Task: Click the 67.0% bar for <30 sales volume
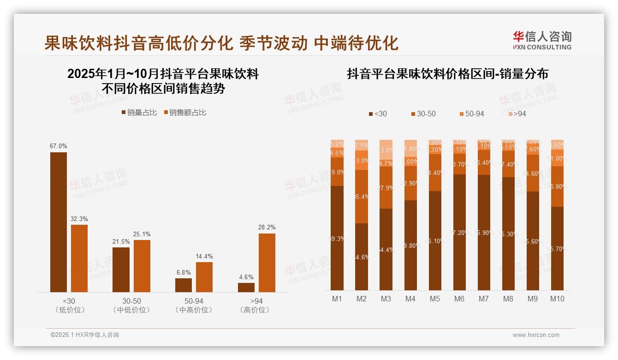(59, 222)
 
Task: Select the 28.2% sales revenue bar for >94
(267, 263)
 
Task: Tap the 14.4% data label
(204, 257)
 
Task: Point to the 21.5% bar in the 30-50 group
(121, 270)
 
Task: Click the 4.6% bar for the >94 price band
(246, 287)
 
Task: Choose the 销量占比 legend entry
(139, 113)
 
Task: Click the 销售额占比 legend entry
(185, 113)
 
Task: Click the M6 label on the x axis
(459, 299)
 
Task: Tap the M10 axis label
(557, 299)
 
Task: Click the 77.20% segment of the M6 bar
(459, 232)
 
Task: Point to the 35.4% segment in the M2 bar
(362, 197)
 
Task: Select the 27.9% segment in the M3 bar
(386, 187)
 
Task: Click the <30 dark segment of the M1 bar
(337, 238)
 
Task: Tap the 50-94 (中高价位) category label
(194, 306)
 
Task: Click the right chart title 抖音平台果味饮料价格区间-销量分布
(447, 74)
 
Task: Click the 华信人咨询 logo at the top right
(542, 41)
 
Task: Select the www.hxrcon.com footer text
(536, 335)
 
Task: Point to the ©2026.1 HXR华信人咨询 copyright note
(85, 335)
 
